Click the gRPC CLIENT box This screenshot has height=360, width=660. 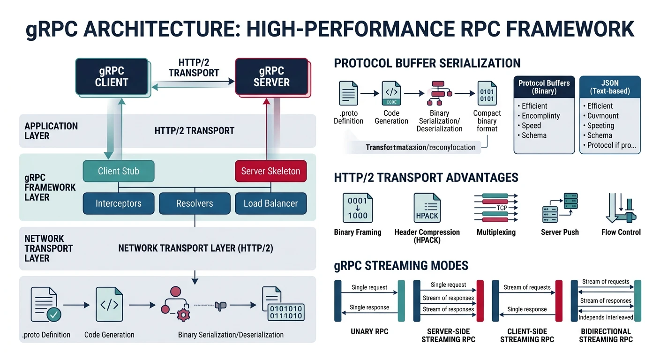click(x=112, y=76)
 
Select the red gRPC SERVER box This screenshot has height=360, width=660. click(x=271, y=76)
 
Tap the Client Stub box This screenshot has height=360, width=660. click(x=118, y=171)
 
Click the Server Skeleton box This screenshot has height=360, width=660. click(x=270, y=171)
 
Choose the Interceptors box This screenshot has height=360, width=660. click(x=118, y=203)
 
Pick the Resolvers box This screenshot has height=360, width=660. click(x=195, y=203)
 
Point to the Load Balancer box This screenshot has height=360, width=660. click(x=270, y=203)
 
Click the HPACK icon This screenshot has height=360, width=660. click(x=427, y=209)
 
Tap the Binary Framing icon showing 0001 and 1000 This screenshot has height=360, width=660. click(x=358, y=209)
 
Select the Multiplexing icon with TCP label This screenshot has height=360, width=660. click(x=496, y=208)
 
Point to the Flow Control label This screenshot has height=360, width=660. click(x=621, y=232)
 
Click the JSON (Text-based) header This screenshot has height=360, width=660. click(x=610, y=87)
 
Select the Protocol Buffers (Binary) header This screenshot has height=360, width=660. click(x=544, y=87)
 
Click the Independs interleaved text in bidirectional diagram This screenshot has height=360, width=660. click(x=606, y=317)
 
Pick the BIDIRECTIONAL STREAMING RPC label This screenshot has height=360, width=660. click(x=606, y=335)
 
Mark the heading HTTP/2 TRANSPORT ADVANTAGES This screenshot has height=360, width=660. click(x=426, y=178)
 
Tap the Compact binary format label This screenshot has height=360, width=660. click(x=487, y=120)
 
